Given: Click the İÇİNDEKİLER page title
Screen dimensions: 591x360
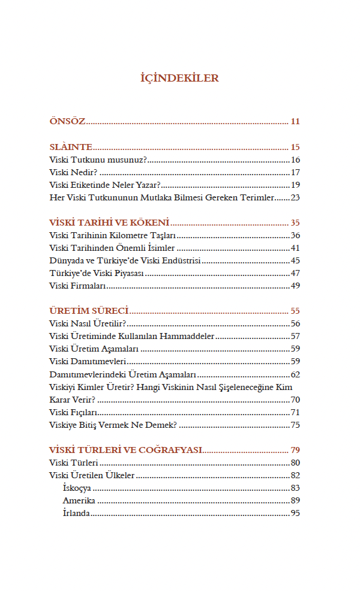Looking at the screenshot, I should [x=179, y=78].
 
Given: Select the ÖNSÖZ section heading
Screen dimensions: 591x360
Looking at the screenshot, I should [x=67, y=122].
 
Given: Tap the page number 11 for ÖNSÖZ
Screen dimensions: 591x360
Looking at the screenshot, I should [x=295, y=122].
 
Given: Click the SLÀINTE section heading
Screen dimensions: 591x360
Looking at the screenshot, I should [x=70, y=147].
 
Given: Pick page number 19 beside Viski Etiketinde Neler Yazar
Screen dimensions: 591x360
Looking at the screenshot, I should [x=295, y=185].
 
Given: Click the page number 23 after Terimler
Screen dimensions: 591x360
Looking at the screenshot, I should [x=295, y=197].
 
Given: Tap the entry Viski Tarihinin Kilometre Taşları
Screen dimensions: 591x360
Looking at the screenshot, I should [x=112, y=235].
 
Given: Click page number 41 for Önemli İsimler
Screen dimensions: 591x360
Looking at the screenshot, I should [x=295, y=248].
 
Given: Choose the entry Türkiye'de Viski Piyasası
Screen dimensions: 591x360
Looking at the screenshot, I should [x=97, y=273].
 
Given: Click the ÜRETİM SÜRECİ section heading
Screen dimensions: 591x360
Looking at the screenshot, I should [x=89, y=311].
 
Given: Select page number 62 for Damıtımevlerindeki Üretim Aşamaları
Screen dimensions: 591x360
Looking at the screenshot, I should [x=295, y=374].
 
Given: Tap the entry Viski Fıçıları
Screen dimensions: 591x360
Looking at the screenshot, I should [x=73, y=412].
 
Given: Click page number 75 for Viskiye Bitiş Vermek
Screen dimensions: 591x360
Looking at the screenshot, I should [x=295, y=425].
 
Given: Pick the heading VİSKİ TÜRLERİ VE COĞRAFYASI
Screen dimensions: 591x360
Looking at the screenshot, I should [x=125, y=450].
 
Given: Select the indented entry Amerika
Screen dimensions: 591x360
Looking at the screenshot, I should [x=79, y=500].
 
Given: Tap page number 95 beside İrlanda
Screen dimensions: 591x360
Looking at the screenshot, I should [x=295, y=513].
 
